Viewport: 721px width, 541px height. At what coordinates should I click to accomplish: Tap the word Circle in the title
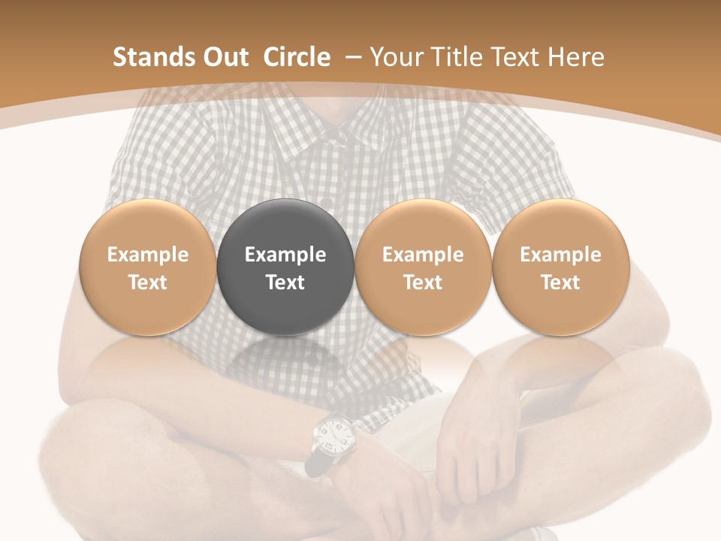pos(297,57)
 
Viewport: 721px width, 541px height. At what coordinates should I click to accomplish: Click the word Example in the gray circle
pos(285,255)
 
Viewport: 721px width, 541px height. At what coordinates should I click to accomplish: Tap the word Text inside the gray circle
pos(285,283)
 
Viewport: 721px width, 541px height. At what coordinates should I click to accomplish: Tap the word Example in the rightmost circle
pos(560,255)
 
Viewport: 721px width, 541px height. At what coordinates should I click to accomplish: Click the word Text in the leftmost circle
pos(148,283)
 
